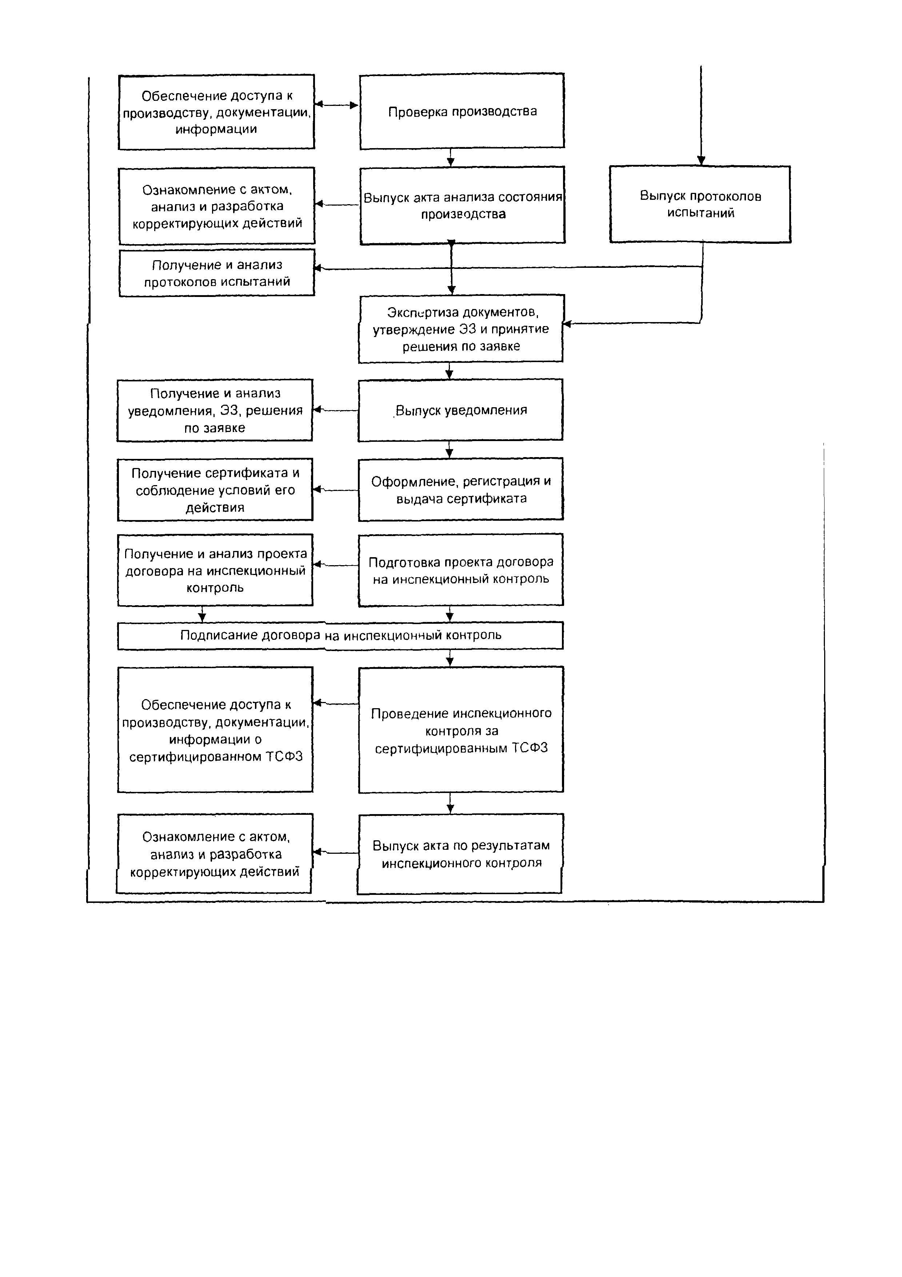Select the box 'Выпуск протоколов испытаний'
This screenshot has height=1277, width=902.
pos(700,204)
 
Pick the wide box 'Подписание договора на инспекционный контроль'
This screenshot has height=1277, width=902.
pos(340,635)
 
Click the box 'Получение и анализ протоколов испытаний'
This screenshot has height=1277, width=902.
pos(217,273)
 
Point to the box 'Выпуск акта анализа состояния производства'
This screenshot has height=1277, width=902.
pos(462,205)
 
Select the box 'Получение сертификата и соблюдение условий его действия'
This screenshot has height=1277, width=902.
pos(215,489)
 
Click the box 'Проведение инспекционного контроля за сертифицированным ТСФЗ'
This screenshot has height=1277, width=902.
pos(461,730)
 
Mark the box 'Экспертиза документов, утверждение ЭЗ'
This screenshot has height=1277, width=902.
pos(461,329)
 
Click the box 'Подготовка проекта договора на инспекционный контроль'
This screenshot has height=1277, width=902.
pos(461,570)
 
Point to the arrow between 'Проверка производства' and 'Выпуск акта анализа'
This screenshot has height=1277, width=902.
pos(451,158)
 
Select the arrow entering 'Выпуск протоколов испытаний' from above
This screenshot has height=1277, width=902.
pos(701,117)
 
